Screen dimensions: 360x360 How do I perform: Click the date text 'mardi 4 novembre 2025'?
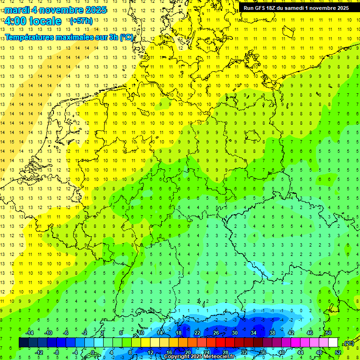pos(55,10)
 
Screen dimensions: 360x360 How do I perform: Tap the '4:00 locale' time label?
pos(32,21)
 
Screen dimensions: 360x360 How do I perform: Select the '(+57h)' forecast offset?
pos(81,21)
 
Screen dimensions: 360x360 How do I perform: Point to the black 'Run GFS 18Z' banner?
pos(296,8)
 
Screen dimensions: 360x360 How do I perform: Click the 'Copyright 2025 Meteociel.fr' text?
pos(199,357)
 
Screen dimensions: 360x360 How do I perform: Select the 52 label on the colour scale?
pos(338,352)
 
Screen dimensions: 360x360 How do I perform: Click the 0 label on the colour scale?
pos(93,352)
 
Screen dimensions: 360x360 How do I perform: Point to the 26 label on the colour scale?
pos(216,333)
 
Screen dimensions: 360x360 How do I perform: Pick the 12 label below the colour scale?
pos(150,352)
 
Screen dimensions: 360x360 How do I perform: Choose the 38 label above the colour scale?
pos(272,333)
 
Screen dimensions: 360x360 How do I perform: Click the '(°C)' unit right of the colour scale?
pos(348,344)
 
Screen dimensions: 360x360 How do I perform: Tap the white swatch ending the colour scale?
pos(333,343)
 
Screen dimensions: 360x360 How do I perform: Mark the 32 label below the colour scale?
pos(244,352)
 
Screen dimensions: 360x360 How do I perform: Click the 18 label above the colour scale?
pos(179,333)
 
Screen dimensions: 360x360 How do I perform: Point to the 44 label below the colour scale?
pos(300,352)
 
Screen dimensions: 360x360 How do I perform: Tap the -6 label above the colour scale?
pos(66,333)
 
